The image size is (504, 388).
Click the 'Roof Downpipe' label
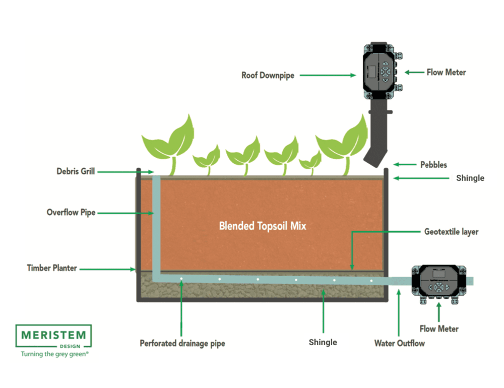(x=268, y=76)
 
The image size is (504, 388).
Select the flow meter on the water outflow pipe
(x=436, y=282)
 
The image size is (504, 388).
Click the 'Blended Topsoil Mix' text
(x=262, y=226)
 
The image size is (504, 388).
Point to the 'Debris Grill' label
(x=76, y=171)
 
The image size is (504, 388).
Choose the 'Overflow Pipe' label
(x=71, y=213)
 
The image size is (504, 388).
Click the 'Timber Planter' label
(x=52, y=268)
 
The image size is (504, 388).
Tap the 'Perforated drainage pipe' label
(x=182, y=344)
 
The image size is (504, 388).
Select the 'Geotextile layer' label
(x=452, y=232)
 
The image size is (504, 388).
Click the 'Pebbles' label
(x=433, y=165)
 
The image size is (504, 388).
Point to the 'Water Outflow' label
(x=399, y=344)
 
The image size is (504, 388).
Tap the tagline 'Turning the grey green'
(x=54, y=354)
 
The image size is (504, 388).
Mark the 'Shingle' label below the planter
(x=323, y=343)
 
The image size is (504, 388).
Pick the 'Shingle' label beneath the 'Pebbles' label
(x=470, y=178)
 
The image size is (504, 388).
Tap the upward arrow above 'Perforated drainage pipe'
(x=181, y=307)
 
